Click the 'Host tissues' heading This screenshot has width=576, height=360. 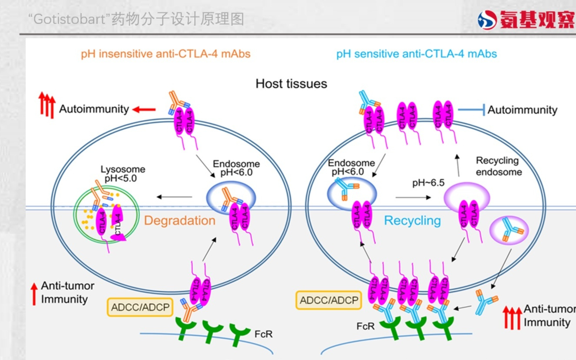(291, 83)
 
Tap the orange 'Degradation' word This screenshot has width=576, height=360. (179, 221)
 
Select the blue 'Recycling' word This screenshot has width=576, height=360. (412, 221)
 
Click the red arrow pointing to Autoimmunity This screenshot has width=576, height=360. (144, 109)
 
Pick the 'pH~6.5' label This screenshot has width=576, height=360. (428, 183)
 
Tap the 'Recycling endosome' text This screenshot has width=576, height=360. (498, 166)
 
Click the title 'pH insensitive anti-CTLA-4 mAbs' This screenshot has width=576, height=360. (166, 54)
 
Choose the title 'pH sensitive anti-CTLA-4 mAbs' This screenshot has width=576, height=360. (416, 54)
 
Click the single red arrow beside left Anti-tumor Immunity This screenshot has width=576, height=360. (34, 293)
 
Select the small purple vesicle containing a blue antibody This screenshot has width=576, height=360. (509, 230)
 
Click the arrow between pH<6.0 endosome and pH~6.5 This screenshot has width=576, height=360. (413, 198)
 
